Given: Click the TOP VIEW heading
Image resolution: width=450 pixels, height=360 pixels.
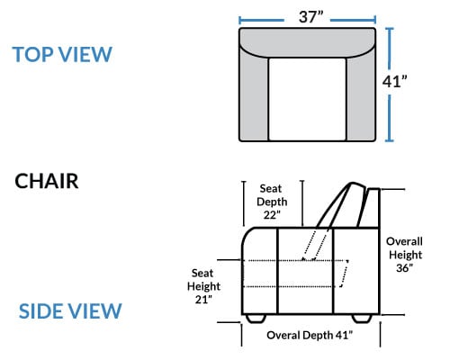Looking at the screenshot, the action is [62, 55].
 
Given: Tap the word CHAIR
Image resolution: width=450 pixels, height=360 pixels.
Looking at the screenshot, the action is [47, 181].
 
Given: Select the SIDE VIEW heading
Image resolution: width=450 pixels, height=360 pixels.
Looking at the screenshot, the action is [70, 311].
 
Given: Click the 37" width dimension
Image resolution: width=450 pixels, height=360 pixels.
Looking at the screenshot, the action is [310, 17].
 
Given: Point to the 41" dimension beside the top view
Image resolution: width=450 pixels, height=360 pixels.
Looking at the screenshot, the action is [394, 81].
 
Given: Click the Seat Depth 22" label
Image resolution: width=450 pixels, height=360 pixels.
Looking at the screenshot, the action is [272, 202].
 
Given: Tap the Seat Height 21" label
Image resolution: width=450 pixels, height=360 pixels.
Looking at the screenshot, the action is [203, 286].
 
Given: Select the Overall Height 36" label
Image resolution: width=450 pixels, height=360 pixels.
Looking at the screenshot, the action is [404, 255].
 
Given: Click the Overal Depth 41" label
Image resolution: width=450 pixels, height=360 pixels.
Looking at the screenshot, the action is [310, 335].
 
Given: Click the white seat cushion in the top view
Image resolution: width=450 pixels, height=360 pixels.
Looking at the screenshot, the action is [307, 99].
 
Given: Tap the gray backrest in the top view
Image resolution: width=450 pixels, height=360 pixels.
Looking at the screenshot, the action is [307, 42].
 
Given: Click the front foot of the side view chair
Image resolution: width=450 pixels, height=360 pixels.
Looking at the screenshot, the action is [256, 319].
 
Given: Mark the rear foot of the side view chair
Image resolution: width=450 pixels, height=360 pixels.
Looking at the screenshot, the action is [362, 319].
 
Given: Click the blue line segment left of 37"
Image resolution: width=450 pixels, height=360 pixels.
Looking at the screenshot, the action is [262, 21].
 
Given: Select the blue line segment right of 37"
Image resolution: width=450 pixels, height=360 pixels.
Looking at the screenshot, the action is [353, 21].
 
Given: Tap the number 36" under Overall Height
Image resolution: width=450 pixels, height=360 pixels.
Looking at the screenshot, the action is [404, 268].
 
